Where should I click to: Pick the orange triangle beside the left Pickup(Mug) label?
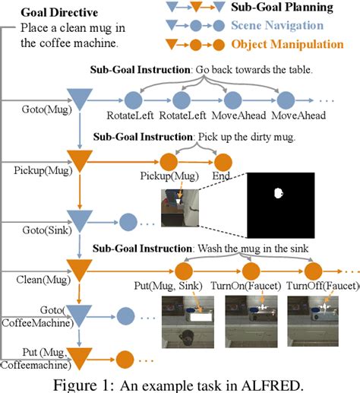tap(79, 161)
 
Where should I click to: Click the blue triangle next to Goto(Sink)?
tap(79, 223)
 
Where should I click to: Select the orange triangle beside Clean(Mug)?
tap(79, 269)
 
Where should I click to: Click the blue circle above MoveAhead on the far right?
tap(286, 100)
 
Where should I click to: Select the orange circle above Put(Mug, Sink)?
tap(182, 270)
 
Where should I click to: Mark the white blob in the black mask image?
tap(278, 193)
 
